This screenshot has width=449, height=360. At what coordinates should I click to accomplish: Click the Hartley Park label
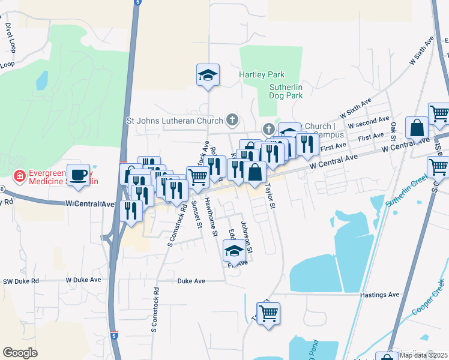[261, 75]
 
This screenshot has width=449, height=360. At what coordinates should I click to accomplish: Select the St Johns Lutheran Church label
[175, 121]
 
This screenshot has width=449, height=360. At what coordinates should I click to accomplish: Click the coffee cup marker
[78, 175]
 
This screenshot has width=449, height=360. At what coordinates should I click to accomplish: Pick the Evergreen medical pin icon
[20, 175]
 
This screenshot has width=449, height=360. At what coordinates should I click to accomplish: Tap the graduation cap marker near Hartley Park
[208, 75]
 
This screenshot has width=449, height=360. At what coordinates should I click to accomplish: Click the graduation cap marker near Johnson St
[234, 251]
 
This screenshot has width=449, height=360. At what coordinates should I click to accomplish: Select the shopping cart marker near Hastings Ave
[269, 313]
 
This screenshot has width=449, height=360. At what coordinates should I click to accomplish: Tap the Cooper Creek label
[429, 298]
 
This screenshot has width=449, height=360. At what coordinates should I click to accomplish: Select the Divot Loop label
[10, 35]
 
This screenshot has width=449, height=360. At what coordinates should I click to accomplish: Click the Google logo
[20, 353]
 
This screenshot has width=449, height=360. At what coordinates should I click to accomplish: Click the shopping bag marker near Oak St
[417, 128]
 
